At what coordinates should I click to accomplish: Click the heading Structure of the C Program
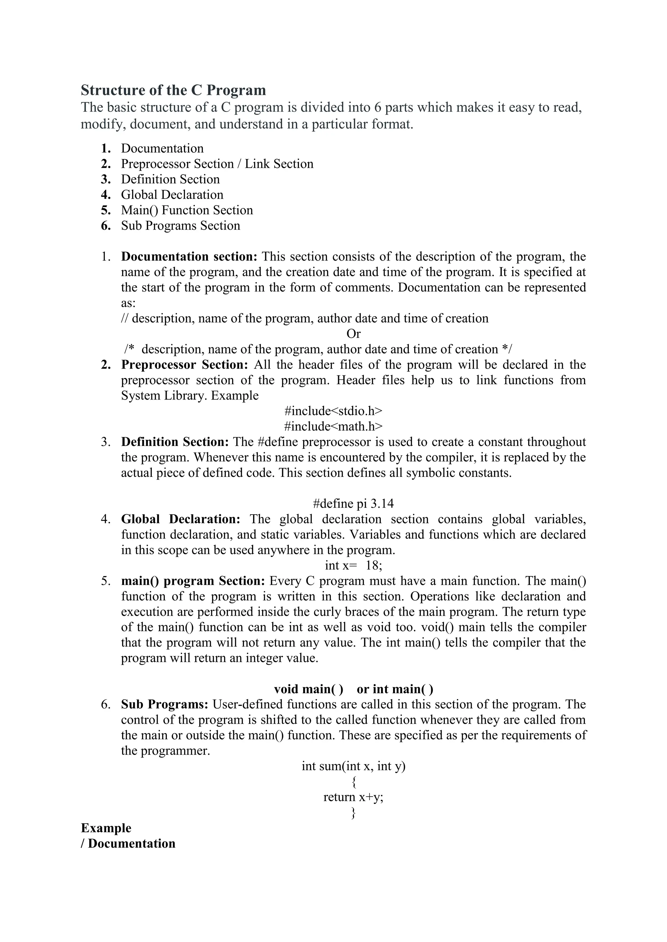(173, 90)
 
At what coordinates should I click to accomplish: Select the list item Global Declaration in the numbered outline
(172, 195)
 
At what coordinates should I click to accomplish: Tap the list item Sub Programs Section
(180, 226)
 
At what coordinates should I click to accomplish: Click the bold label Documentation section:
(189, 256)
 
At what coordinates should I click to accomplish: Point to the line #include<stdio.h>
(333, 411)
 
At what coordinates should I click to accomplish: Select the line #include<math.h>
(333, 426)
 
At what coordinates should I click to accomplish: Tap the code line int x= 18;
(353, 565)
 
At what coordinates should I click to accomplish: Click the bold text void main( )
(308, 689)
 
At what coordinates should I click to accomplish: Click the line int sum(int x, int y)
(353, 766)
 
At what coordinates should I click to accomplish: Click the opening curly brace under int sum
(354, 782)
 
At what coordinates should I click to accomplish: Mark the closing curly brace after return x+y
(353, 813)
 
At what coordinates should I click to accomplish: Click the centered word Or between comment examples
(353, 333)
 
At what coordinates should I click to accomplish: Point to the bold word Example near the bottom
(106, 828)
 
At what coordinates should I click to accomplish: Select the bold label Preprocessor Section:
(184, 364)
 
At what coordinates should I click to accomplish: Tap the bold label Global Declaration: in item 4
(180, 519)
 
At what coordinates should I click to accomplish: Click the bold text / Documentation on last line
(128, 843)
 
